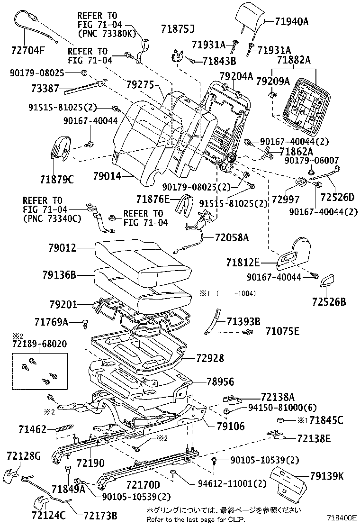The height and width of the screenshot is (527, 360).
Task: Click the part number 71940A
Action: pos(292,21)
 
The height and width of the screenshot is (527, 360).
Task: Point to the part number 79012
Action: pos(63,247)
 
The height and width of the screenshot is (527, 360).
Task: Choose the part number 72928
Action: pos(208,358)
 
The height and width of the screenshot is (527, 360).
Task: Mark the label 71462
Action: pos(32,429)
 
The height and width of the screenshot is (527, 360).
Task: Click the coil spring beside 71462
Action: pos(64,429)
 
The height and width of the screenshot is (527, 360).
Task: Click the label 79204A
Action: pos(236,75)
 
